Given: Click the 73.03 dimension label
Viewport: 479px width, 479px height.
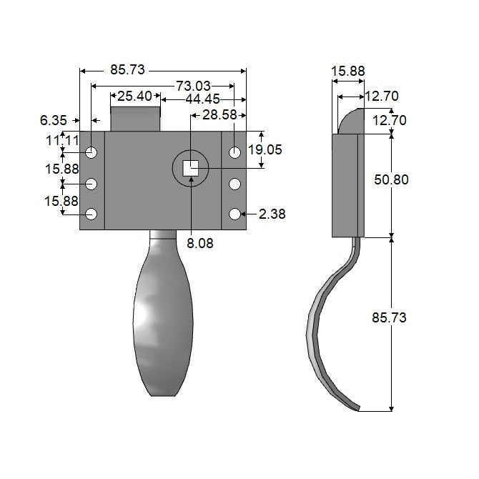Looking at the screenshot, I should [189, 85].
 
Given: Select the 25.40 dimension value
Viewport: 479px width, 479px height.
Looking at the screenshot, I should [134, 97].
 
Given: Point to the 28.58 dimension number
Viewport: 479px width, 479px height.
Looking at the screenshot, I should [220, 114].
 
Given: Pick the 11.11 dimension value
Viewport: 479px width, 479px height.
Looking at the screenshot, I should [62, 141].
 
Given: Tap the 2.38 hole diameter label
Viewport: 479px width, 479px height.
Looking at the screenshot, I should [272, 214].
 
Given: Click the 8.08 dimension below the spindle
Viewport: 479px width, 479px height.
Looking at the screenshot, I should [199, 243].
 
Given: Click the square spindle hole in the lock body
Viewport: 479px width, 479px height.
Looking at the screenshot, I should [190, 168].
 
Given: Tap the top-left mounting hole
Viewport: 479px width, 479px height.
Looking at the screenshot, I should [92, 152].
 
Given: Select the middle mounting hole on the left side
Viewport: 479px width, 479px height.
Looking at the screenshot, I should [92, 184].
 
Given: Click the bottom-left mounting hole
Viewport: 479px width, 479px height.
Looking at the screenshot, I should [92, 214].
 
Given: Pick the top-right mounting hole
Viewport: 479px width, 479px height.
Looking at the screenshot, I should [234, 152].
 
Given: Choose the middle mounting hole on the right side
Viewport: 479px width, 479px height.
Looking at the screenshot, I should [234, 184].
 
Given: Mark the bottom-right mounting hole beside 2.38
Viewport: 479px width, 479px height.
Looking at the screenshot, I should [234, 214].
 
